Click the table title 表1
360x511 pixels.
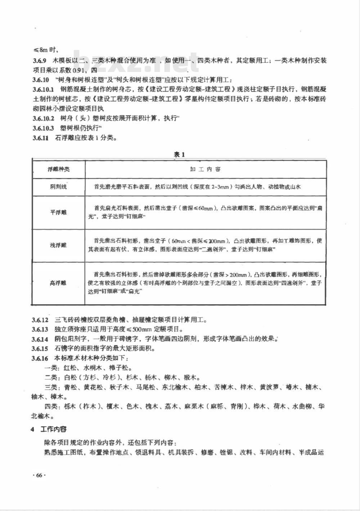tap(179, 154)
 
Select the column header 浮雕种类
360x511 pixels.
tap(59, 169)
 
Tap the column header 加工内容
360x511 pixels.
tap(206, 169)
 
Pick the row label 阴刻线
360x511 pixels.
tap(58, 187)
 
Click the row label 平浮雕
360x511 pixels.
tap(58, 212)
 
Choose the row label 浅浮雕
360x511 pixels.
tap(58, 245)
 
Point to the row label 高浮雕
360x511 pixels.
tap(58, 283)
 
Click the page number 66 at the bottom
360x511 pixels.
tap(39, 475)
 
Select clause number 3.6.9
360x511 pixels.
tap(40, 60)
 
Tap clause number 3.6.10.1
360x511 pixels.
tap(43, 89)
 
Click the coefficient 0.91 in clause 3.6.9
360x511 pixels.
tap(79, 70)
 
